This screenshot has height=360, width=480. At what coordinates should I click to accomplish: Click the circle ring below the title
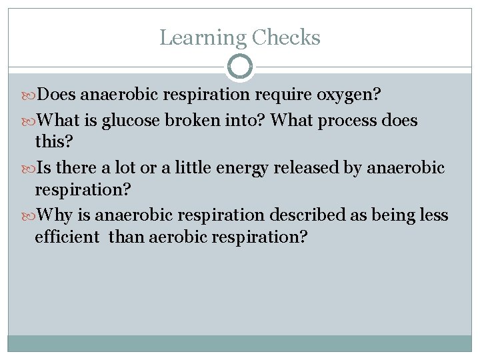tap(240, 66)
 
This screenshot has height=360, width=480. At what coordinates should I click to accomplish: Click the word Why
tap(52, 215)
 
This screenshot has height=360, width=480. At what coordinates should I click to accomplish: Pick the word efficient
tap(67, 237)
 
